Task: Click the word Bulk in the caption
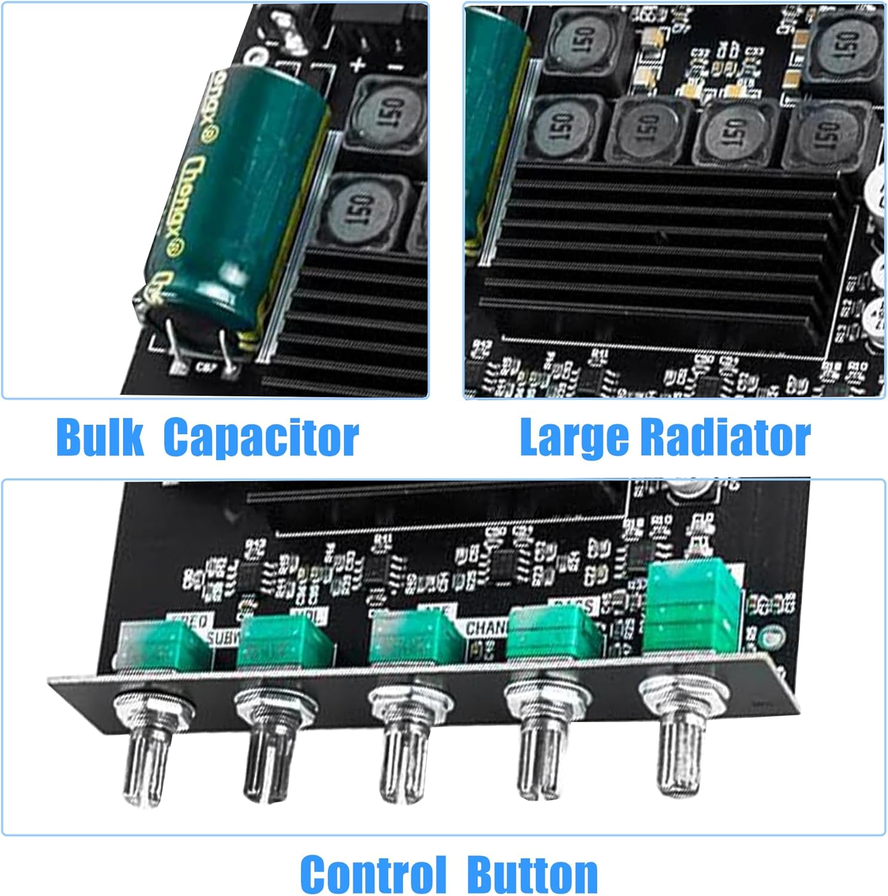click(x=99, y=437)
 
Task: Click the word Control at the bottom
click(x=373, y=873)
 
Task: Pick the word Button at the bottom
click(x=533, y=873)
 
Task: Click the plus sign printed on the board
click(x=358, y=65)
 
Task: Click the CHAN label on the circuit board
click(x=485, y=628)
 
